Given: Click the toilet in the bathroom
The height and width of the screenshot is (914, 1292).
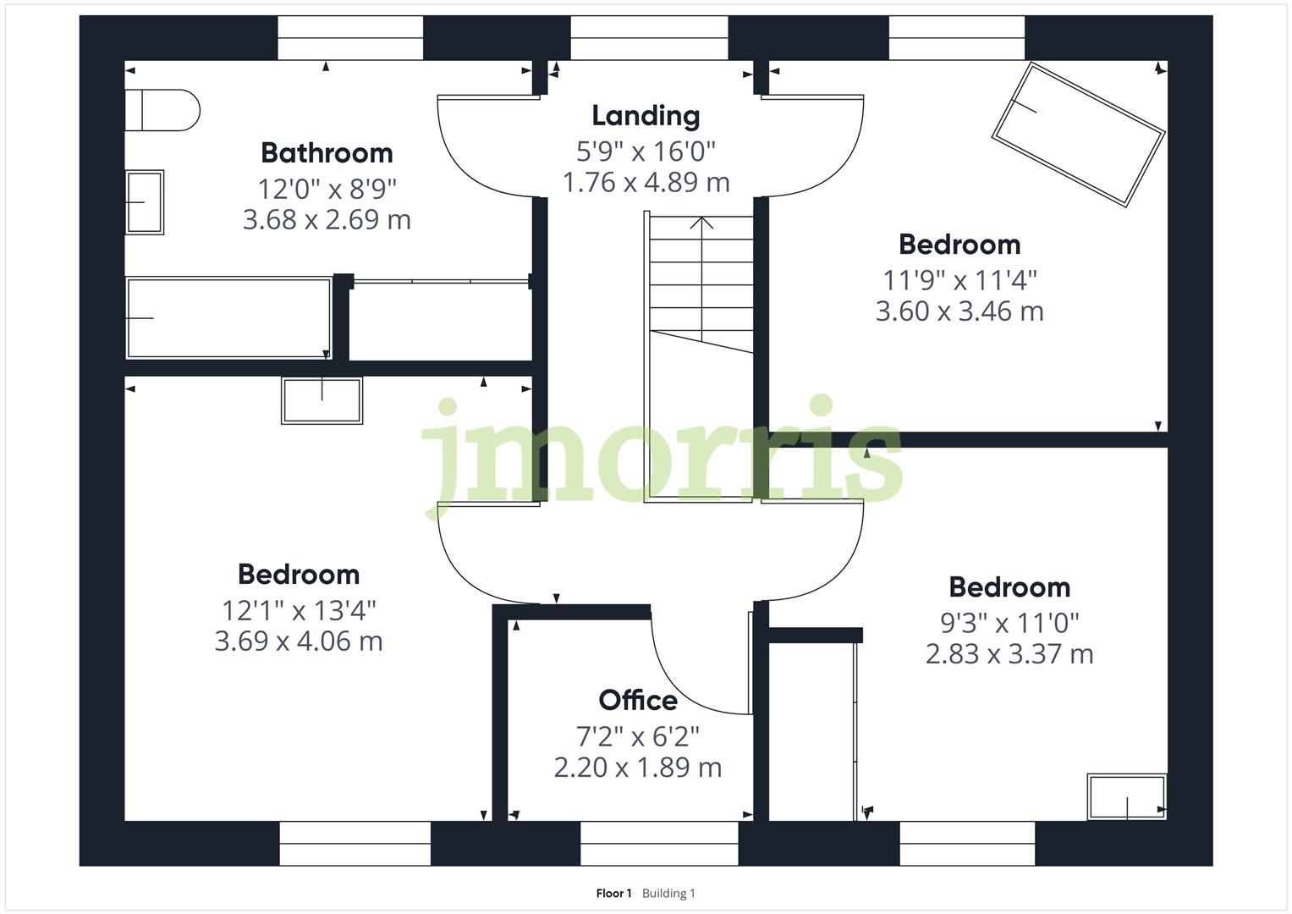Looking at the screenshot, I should (x=162, y=110).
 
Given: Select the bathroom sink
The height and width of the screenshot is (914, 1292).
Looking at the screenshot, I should (x=145, y=202).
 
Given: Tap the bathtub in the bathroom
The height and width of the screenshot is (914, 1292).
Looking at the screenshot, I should (x=228, y=317).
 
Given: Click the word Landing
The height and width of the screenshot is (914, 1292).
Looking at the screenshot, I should (x=646, y=115).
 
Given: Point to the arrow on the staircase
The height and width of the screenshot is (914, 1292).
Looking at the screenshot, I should (x=701, y=224).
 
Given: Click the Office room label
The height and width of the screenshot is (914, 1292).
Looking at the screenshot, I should (x=638, y=700).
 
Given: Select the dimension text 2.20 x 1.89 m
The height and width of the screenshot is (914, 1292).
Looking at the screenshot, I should (x=638, y=768).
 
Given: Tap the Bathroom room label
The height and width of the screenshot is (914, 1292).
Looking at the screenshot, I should (x=327, y=152).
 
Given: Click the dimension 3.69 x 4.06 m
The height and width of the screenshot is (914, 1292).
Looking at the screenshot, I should (x=299, y=641).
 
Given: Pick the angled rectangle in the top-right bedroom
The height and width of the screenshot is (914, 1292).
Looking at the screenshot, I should (x=1079, y=134).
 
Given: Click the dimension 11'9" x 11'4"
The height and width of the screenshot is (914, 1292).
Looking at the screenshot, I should (x=959, y=278).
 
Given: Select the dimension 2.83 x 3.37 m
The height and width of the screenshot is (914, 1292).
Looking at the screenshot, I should (x=1009, y=654).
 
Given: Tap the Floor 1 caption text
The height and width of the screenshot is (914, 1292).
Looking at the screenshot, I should (x=613, y=893).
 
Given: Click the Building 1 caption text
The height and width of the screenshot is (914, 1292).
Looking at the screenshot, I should (x=668, y=893).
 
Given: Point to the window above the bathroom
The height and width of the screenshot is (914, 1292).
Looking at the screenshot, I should (x=350, y=38).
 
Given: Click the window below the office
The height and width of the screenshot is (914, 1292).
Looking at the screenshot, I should (x=659, y=843).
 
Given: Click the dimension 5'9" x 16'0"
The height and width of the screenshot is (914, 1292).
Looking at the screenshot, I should (x=646, y=151).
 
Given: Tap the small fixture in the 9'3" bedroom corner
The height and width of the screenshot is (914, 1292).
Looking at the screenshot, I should (x=1127, y=797).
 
